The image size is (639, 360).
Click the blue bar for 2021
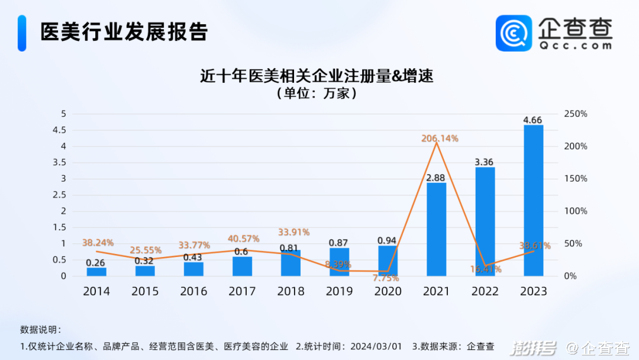click(436, 229)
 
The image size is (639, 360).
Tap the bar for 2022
click(485, 221)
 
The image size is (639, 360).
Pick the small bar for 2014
click(96, 272)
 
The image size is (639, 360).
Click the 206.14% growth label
click(440, 139)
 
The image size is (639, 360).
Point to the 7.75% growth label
click(386, 278)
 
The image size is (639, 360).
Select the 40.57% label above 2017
click(244, 239)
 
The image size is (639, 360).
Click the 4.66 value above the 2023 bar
click(532, 120)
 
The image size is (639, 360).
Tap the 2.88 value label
click(436, 178)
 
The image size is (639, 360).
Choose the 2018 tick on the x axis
click(291, 291)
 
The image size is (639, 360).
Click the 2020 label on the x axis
click(388, 291)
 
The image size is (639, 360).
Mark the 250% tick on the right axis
click(575, 114)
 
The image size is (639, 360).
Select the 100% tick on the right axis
click(575, 211)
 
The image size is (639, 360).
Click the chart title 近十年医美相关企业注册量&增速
click(317, 76)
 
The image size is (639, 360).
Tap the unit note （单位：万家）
click(317, 93)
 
